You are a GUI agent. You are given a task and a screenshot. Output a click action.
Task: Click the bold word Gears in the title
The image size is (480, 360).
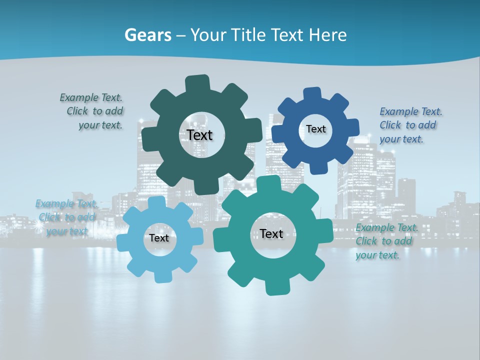coord(147,35)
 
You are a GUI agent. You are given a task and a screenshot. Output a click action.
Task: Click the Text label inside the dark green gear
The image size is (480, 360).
coord(199,135)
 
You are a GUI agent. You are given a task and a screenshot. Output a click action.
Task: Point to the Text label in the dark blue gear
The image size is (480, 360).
coord(315,129)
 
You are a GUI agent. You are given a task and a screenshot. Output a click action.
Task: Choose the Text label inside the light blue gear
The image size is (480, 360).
coord(159,238)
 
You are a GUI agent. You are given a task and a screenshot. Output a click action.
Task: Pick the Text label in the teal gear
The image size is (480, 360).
coord(271,233)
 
